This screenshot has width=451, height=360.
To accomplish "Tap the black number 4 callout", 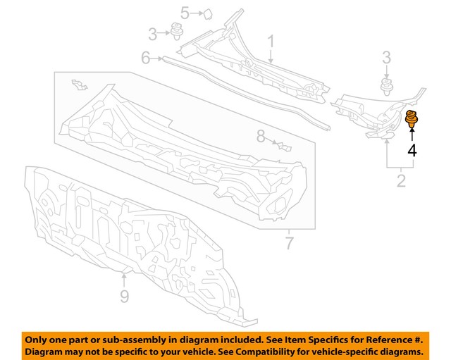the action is click(x=412, y=151).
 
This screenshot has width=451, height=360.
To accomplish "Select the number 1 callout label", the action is click(x=271, y=42).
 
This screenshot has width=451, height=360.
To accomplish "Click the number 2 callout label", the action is click(x=401, y=181).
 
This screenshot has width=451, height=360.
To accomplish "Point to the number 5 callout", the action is click(x=185, y=13).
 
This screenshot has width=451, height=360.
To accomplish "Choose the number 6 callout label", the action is click(x=146, y=58).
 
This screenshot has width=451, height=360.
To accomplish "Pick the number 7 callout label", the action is click(x=290, y=243).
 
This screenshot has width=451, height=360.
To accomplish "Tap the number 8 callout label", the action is click(x=261, y=136).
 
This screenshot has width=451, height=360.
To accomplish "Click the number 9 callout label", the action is click(x=124, y=296).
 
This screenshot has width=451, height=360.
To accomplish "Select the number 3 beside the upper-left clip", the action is click(x=152, y=35).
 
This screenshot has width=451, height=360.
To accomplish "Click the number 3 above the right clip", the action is click(x=387, y=58).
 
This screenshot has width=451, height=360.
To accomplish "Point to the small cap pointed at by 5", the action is click(x=207, y=14).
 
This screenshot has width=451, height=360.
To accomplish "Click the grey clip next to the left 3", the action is click(x=175, y=31).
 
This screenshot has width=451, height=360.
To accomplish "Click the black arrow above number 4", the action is click(x=412, y=135).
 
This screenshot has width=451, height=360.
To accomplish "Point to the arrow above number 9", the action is click(x=124, y=280).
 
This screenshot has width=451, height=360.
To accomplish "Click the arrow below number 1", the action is click(x=271, y=56).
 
